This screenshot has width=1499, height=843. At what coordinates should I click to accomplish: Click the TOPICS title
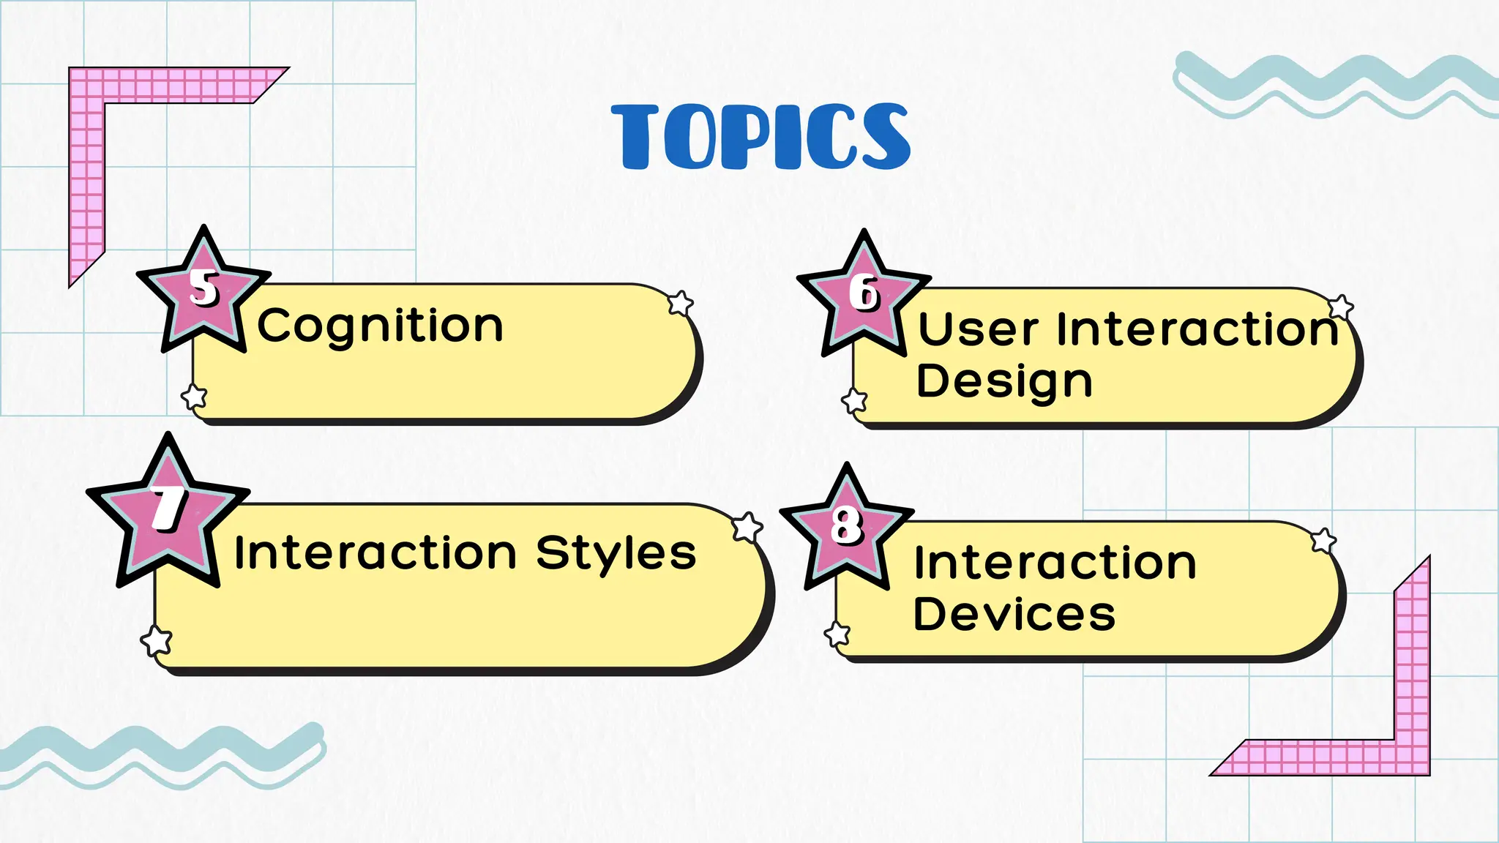coord(761,137)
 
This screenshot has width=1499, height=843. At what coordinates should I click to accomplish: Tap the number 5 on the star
coord(204,288)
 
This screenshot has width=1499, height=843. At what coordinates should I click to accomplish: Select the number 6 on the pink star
coord(864,293)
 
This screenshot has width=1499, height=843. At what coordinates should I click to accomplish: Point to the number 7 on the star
coord(169,508)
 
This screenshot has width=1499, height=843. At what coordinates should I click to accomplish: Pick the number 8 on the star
coord(847,525)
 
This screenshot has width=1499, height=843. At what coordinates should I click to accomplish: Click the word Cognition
coord(380,326)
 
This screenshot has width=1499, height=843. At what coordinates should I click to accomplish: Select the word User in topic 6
coord(978,329)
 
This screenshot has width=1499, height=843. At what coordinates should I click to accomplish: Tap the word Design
coord(1004,382)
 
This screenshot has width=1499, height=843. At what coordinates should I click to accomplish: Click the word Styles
coord(616,553)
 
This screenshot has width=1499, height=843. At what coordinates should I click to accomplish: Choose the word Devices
coord(1014,614)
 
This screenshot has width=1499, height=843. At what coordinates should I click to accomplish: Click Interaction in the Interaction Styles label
coord(375,553)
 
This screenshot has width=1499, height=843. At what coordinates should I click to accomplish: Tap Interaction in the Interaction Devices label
coord(1055,563)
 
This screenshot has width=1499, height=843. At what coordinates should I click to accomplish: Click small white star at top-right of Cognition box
coord(681,303)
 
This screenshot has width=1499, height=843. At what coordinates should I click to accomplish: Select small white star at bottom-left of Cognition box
coord(194,397)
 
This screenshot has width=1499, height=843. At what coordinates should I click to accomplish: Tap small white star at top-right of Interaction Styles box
coord(747,527)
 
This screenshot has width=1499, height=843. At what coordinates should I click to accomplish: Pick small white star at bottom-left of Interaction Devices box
coord(837,634)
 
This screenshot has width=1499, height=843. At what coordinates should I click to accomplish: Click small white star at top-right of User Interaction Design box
coord(1340,308)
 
